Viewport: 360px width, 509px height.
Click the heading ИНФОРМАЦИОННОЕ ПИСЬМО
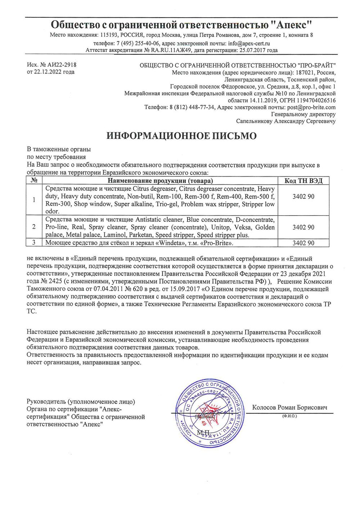click(181, 136)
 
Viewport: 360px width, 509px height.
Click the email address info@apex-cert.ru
click(249, 43)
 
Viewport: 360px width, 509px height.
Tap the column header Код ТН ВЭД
click(303, 181)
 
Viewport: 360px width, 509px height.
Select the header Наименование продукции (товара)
click(160, 181)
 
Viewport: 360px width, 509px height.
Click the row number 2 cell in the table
click(34, 227)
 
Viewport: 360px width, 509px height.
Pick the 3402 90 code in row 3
click(303, 243)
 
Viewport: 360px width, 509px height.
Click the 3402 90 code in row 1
click(303, 197)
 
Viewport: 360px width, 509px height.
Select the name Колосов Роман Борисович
click(289, 407)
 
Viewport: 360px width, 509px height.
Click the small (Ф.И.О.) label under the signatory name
click(289, 416)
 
